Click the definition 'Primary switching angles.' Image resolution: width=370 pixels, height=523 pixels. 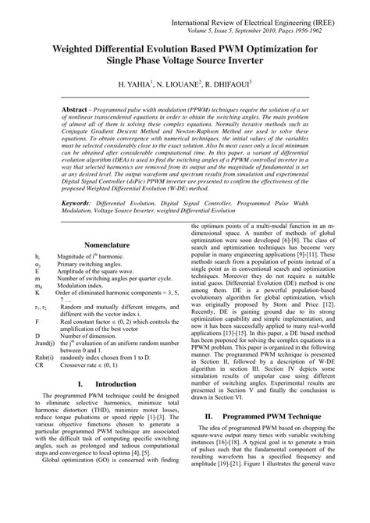[x=91, y=263]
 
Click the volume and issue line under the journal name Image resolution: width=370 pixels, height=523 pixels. [x=265, y=23]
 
